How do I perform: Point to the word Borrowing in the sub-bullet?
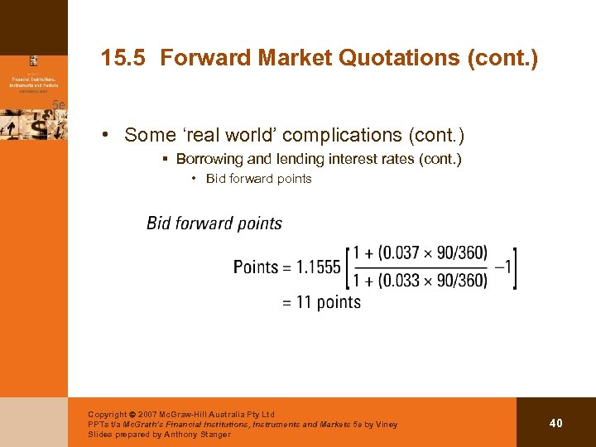pyautogui.click(x=209, y=159)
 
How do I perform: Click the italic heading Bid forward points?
pyautogui.click(x=214, y=223)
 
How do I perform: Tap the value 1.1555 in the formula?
pyautogui.click(x=319, y=267)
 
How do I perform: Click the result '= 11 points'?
pyautogui.click(x=321, y=302)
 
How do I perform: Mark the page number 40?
pyautogui.click(x=555, y=423)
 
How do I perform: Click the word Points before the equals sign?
pyautogui.click(x=255, y=267)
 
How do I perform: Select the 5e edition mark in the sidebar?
pyautogui.click(x=59, y=104)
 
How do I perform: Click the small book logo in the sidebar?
pyautogui.click(x=34, y=60)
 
